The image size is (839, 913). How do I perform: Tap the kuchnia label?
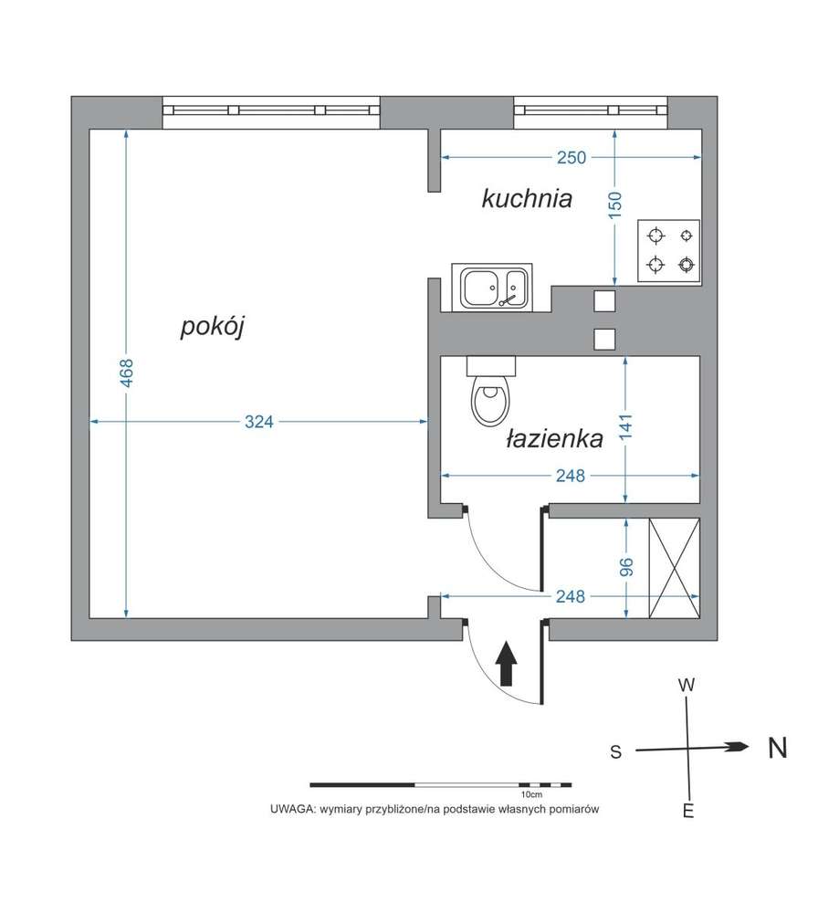coord(527,198)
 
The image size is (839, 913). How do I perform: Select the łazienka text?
coord(554,439)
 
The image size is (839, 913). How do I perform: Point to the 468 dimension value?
coord(127,373)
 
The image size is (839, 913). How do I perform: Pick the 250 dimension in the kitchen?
coord(571,158)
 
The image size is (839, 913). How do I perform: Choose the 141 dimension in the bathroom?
coord(625,427)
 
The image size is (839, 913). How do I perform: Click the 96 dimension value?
coord(626,568)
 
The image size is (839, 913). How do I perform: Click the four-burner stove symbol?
coord(669,251)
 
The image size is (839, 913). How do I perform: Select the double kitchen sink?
coord(494,288)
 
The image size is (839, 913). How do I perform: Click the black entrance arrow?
coord(507,664)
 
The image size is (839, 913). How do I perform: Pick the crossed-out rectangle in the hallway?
coord(674,568)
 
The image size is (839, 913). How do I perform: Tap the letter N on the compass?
coord(777,749)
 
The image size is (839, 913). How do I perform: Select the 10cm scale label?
coord(530,795)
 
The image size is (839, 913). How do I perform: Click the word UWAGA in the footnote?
coord(289,810)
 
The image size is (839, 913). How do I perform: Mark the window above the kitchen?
coord(590,110)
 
